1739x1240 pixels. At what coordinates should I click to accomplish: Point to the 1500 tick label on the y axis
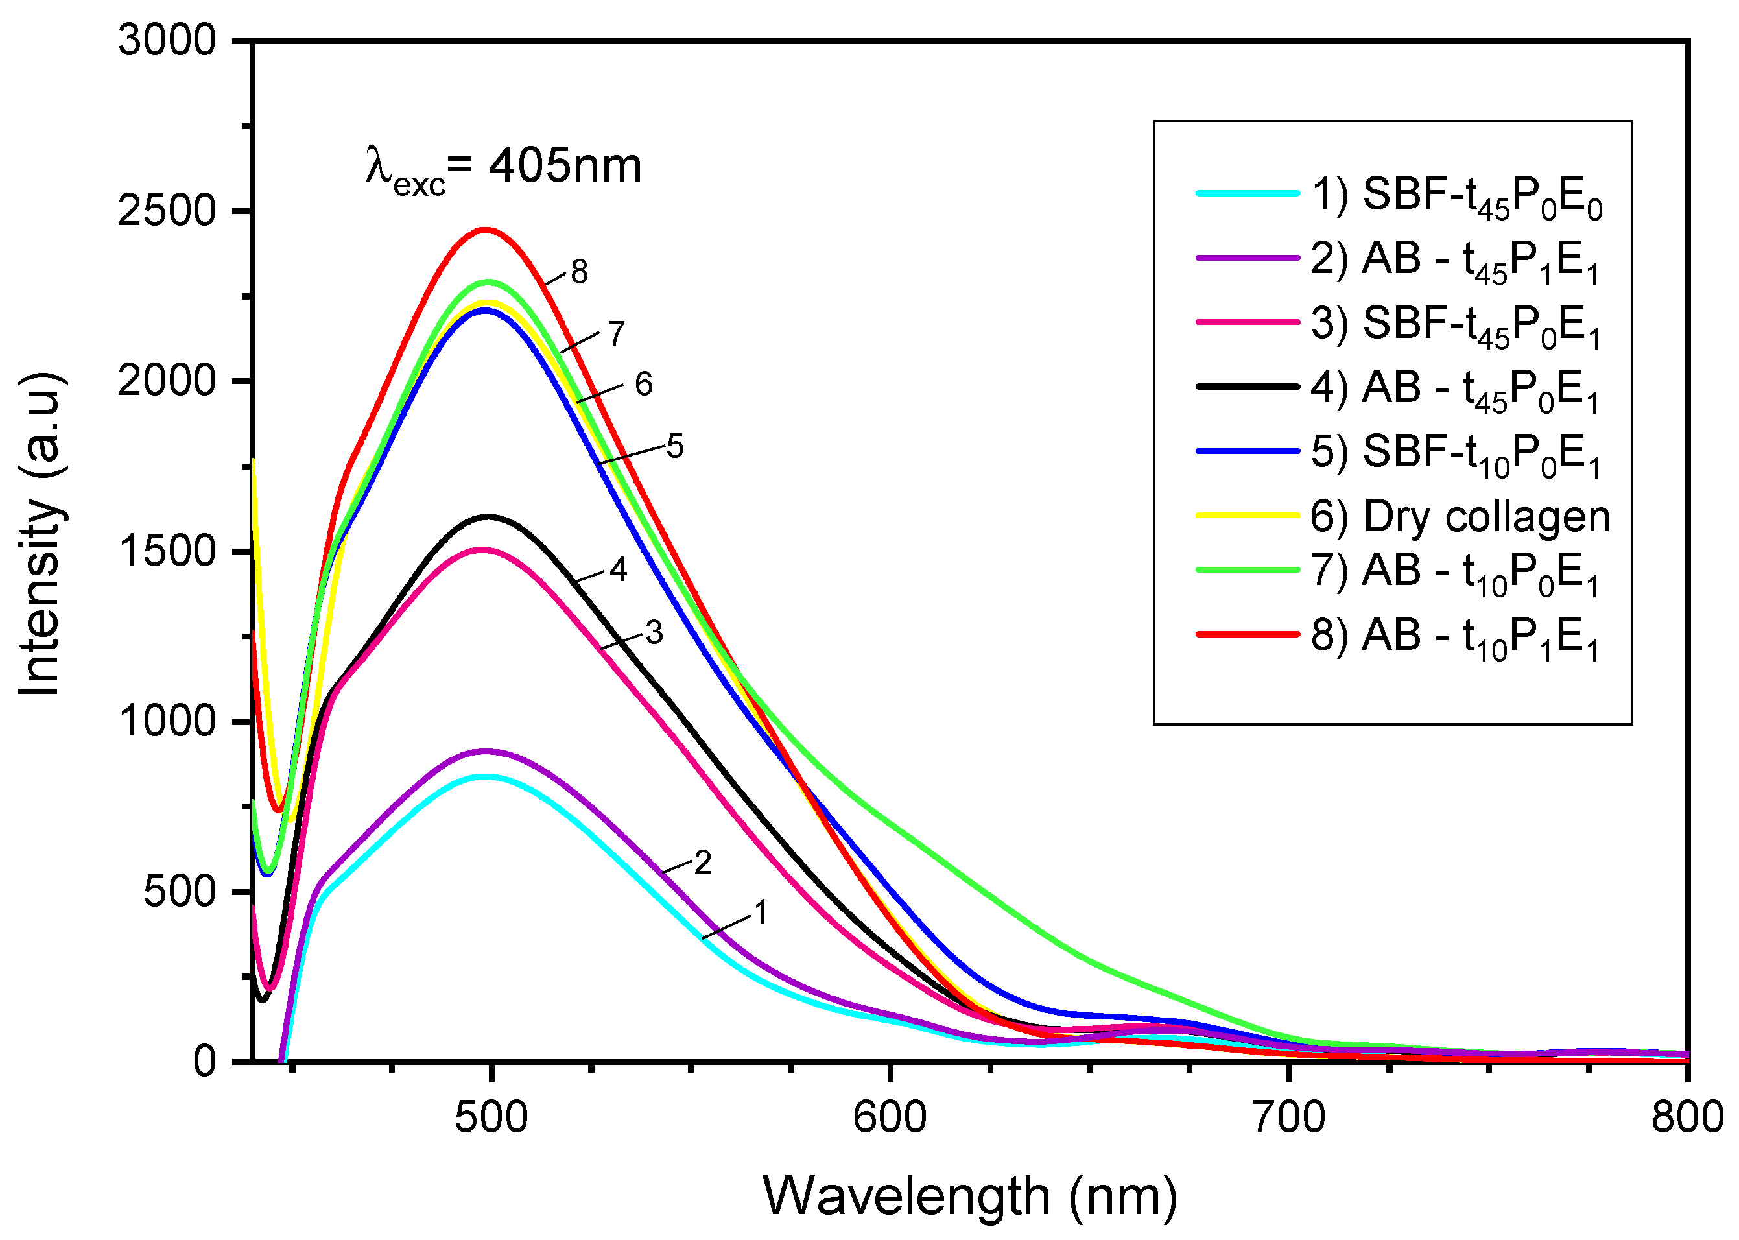pos(167,551)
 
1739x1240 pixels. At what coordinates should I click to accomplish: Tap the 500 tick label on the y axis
pos(180,892)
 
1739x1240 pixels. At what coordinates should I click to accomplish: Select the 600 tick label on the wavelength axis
pos(890,1117)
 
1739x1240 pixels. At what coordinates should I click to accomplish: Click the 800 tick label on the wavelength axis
pos(1686,1117)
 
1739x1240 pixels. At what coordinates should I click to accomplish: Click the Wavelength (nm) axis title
pos(969,1196)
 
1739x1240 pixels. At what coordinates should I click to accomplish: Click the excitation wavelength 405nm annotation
pos(504,167)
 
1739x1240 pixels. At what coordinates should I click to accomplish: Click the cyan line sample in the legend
pos(1248,194)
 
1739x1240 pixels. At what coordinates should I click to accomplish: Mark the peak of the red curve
pos(485,229)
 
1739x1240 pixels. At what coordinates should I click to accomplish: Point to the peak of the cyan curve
pos(486,776)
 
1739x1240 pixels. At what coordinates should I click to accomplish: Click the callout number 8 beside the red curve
pos(580,272)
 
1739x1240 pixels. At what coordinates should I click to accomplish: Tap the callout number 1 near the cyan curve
pos(761,912)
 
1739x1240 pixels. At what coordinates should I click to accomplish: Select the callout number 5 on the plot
pos(675,446)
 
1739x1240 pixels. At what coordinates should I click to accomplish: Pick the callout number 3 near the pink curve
pos(654,632)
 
